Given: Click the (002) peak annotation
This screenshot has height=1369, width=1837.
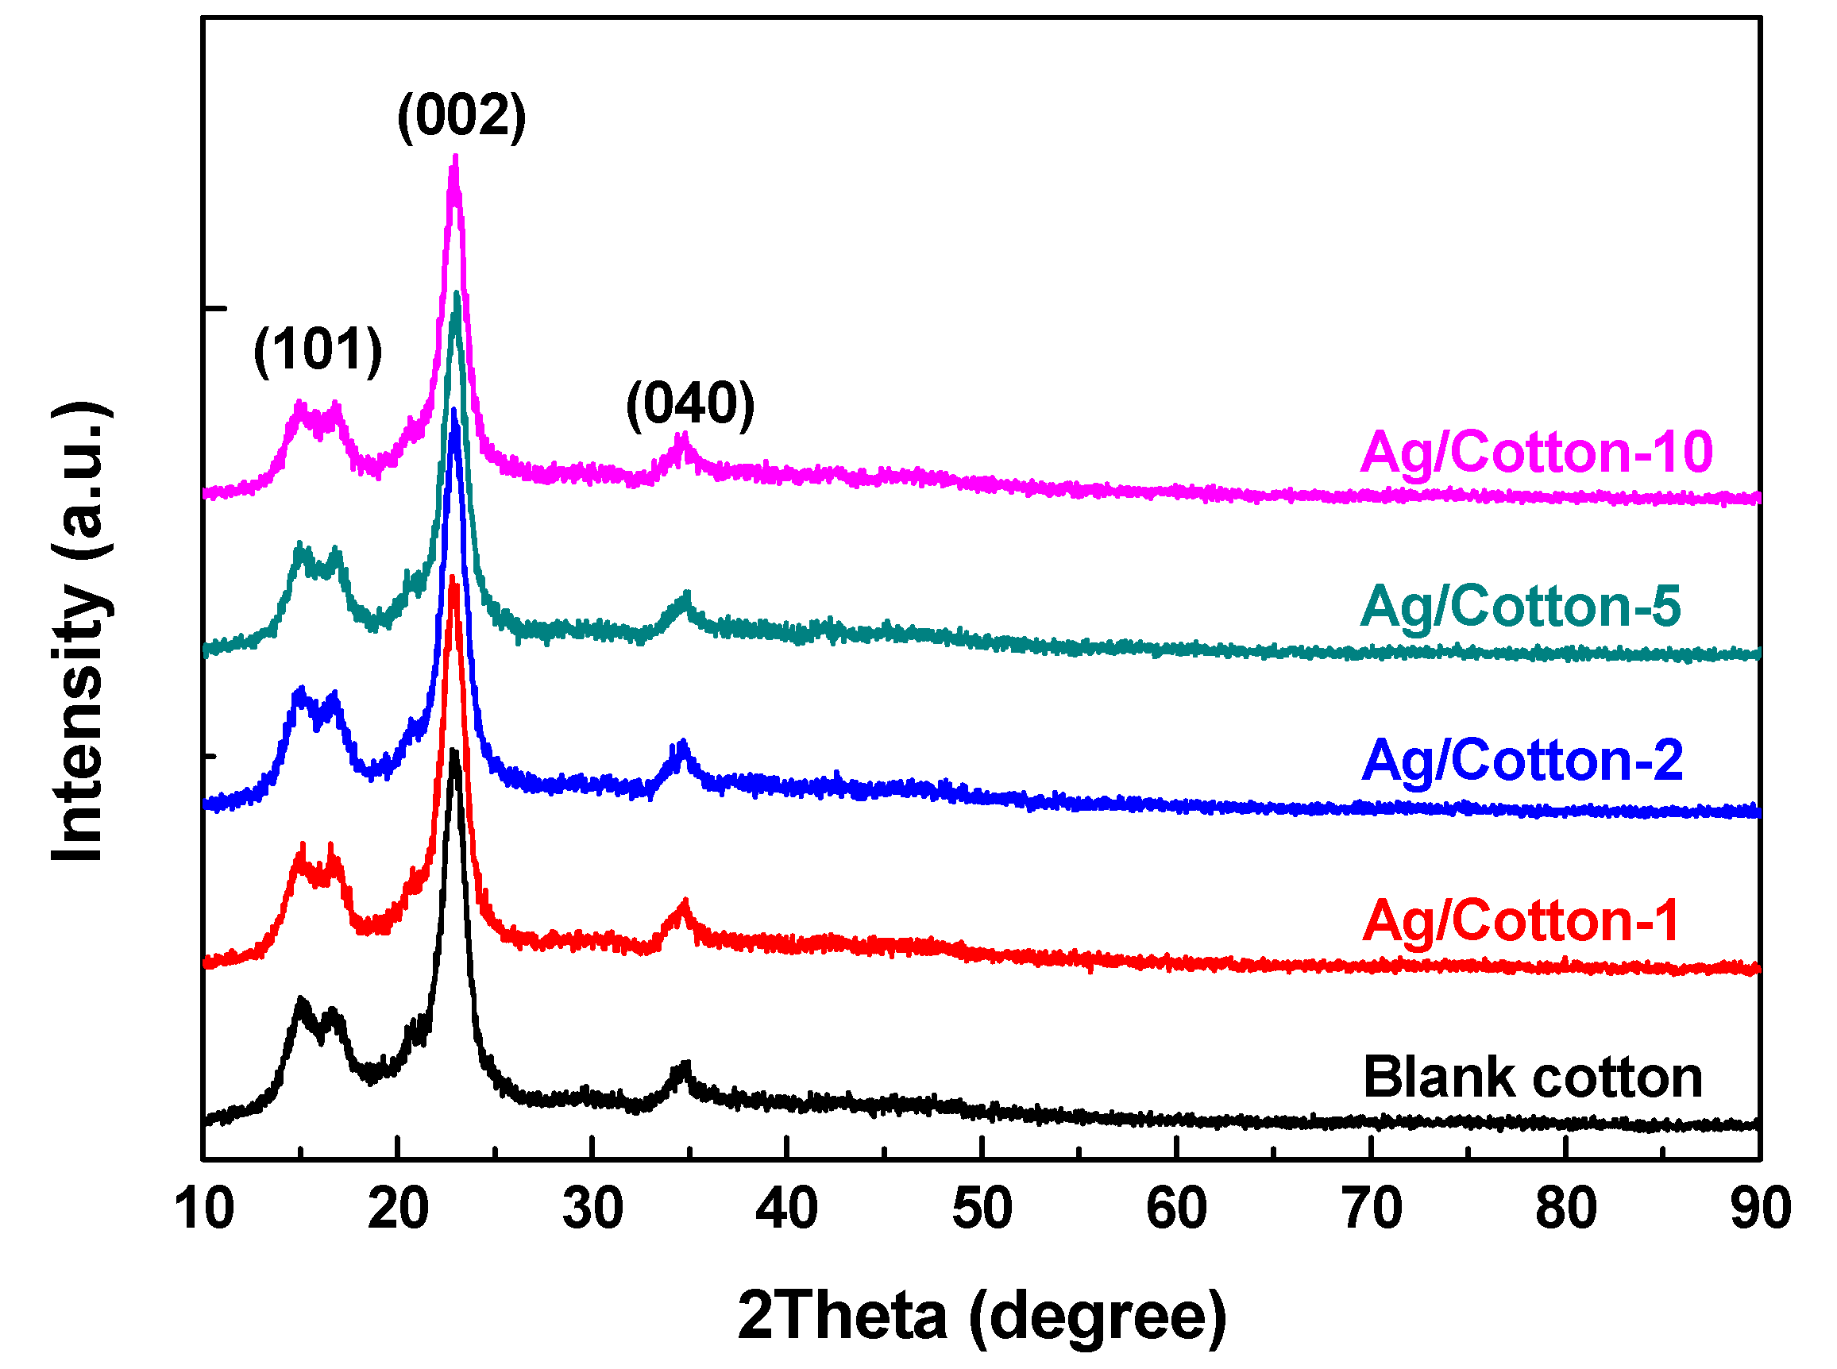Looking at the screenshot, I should pos(461,115).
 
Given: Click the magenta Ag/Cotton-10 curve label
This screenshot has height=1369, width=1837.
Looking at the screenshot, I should pos(1536,453).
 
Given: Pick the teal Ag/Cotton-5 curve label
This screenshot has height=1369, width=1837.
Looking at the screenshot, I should pos(1520,606).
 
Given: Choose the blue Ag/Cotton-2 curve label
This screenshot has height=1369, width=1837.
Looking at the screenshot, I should pos(1522,760).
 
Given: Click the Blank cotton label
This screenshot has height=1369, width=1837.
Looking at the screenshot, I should pos(1532,1078).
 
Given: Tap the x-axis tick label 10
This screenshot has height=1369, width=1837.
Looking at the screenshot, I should pos(204,1209).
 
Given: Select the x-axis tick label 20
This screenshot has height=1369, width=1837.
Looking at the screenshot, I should pos(398,1209).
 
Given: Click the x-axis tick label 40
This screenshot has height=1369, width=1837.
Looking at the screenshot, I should pos(786,1209).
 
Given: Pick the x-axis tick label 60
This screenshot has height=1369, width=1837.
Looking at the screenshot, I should pos(1175,1209).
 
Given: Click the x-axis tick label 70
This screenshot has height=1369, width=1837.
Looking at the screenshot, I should pos(1372,1209).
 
